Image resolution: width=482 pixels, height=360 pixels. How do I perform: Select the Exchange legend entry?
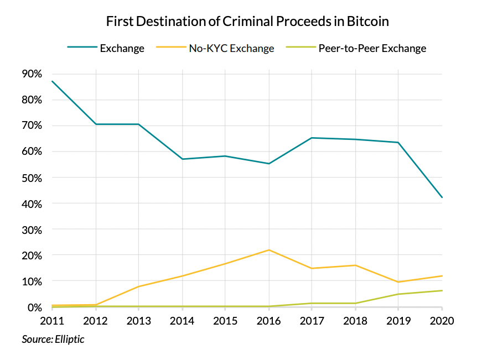click(122, 48)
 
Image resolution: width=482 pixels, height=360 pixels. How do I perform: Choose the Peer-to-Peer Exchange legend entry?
click(372, 48)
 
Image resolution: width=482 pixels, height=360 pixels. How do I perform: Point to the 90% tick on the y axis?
click(32, 74)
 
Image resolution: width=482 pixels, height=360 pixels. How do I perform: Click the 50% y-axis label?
click(32, 178)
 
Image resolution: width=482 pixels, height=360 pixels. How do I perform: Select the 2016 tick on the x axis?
click(268, 321)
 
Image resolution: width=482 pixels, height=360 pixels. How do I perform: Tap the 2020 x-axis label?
click(442, 321)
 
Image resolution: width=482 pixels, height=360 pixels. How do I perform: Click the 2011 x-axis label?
click(51, 321)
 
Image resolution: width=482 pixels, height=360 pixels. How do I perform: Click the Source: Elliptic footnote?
click(53, 339)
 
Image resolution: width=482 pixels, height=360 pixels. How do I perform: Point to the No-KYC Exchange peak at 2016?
click(269, 250)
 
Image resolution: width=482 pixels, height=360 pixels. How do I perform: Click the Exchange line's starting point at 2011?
click(52, 81)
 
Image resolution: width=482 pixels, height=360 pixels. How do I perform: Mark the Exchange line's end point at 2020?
click(442, 197)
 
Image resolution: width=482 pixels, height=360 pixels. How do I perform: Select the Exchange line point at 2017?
click(312, 138)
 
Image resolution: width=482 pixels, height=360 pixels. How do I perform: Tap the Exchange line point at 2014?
click(182, 159)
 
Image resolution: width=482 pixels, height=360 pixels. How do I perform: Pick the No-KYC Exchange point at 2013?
click(138, 286)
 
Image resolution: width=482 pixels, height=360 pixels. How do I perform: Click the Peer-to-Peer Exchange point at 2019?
click(399, 294)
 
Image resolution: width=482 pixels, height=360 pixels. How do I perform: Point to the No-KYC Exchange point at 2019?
click(399, 282)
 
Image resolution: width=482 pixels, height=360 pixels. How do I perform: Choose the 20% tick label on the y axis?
click(32, 255)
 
